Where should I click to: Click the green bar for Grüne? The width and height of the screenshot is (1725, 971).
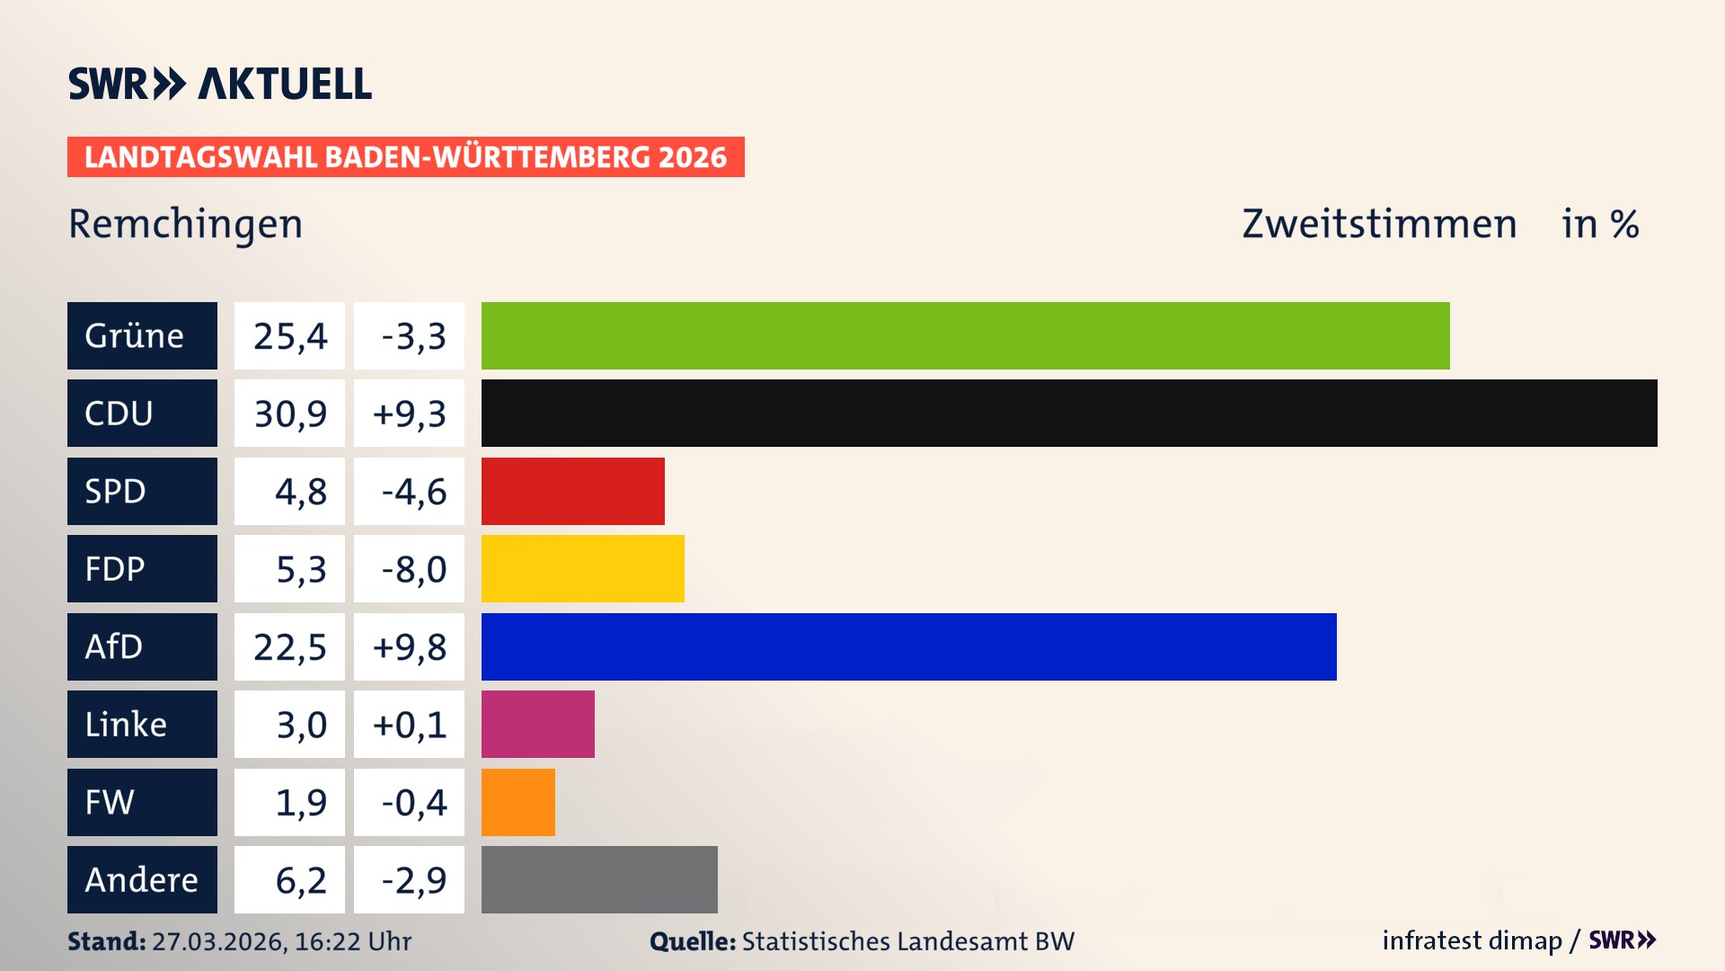[x=965, y=335]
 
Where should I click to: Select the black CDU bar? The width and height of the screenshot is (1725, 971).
[x=1069, y=413]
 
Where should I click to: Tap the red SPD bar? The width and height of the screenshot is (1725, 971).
[x=572, y=491]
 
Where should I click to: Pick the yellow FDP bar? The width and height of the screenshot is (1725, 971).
[x=582, y=568]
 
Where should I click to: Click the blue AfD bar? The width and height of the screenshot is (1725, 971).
[x=908, y=646]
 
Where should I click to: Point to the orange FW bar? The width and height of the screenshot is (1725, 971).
[x=517, y=802]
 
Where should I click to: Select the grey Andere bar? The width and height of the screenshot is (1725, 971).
[x=599, y=879]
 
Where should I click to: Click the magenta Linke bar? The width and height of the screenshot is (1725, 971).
[x=537, y=724]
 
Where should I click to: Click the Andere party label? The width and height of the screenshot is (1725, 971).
[x=142, y=879]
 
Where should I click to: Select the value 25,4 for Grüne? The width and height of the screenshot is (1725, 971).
[x=289, y=335]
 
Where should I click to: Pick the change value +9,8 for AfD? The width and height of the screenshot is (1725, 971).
[x=409, y=646]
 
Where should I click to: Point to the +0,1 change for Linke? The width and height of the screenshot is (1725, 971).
[x=409, y=724]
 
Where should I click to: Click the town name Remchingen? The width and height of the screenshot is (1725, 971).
[x=185, y=224]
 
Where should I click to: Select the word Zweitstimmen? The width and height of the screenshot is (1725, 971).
[x=1379, y=224]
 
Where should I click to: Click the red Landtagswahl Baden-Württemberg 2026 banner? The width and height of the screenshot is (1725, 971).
[x=405, y=156]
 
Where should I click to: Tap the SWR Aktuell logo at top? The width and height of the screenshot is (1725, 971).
[x=219, y=84]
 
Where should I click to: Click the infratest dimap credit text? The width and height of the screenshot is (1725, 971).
[x=1472, y=940]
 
